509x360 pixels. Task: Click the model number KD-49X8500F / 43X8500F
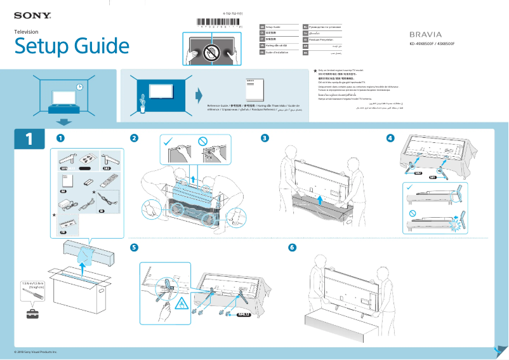pos(432,44)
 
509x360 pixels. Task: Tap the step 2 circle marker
pos(134,138)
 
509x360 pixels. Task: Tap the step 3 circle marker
pos(265,138)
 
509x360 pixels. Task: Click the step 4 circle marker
pos(390,138)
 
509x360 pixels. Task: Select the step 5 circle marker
pos(134,246)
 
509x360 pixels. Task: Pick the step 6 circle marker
pos(292,246)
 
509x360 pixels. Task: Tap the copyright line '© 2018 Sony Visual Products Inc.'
pos(36,351)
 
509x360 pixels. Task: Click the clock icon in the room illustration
pos(79,86)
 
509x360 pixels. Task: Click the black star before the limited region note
pos(315,71)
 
